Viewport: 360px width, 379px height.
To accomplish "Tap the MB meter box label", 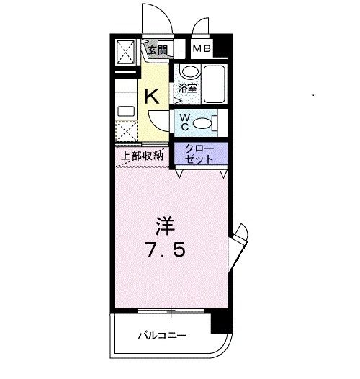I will click(x=202, y=50).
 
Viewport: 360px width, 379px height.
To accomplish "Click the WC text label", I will click(x=185, y=122).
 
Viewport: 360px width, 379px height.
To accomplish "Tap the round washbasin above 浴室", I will click(x=189, y=72).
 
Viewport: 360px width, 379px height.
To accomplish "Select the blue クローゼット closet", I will click(x=199, y=153).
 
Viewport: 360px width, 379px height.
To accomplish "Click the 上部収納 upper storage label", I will click(x=142, y=156).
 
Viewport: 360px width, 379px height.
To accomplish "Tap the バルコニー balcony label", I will click(x=163, y=335).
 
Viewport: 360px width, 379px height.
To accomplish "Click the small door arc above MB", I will click(x=202, y=27).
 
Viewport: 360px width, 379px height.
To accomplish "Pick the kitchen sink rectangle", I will click(x=126, y=111).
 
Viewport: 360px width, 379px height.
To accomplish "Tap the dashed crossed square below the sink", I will click(x=126, y=133).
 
